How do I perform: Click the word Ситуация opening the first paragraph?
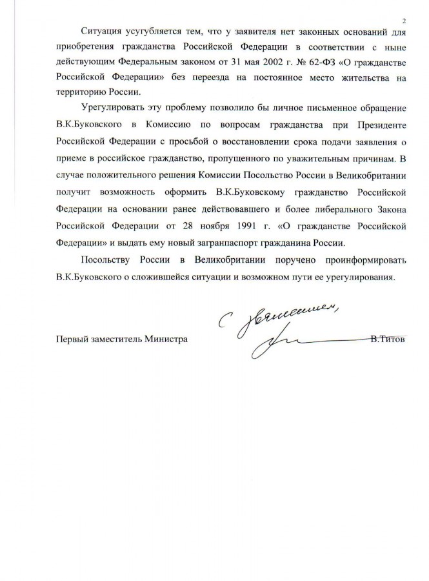pyautogui.click(x=100, y=34)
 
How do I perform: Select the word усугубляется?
pyautogui.click(x=150, y=34)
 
